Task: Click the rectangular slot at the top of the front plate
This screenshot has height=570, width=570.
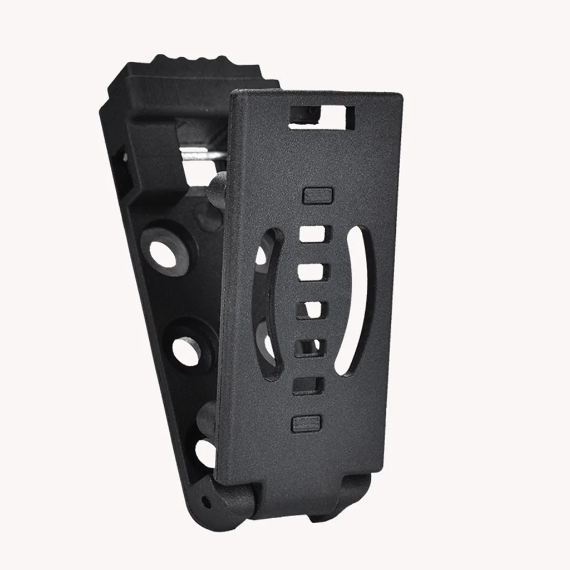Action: (321, 116)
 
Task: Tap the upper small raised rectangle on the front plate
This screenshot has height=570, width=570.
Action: (317, 195)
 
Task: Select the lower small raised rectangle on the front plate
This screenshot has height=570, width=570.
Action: (307, 424)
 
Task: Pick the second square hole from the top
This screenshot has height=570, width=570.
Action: (312, 272)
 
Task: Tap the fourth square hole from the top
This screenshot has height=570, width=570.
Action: (309, 346)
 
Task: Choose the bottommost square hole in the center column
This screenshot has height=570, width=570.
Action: (308, 385)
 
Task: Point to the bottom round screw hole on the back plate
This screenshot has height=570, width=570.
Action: (205, 452)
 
